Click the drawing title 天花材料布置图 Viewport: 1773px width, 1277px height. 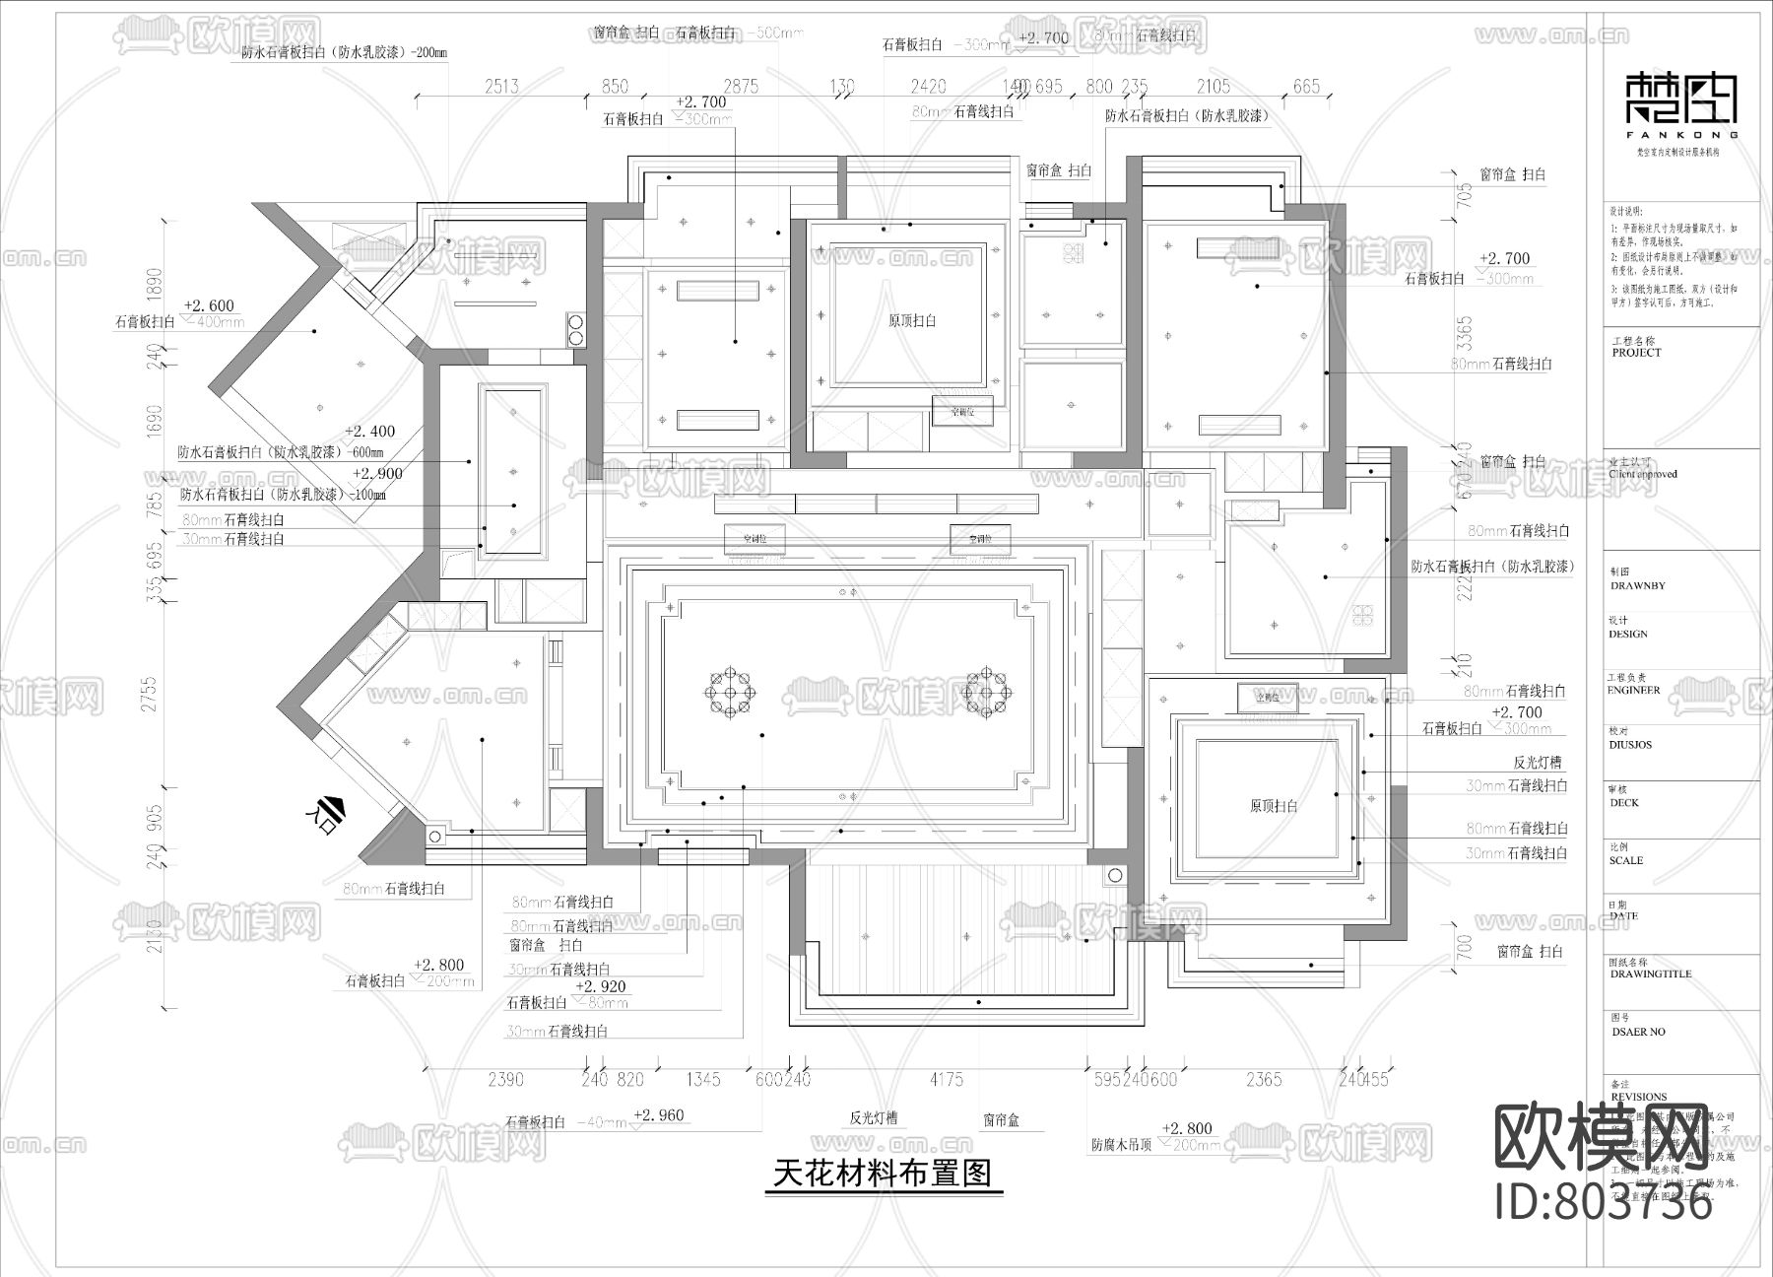(883, 1174)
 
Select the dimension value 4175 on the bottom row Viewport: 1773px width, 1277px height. (946, 1080)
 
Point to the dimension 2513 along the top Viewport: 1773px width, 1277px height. (501, 87)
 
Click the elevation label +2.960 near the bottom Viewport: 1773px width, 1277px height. (659, 1115)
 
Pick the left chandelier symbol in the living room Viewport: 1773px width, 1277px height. (730, 693)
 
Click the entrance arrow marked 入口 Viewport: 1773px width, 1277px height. (328, 810)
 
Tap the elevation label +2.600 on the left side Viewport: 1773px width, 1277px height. (209, 305)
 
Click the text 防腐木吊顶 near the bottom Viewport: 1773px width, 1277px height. (1121, 1146)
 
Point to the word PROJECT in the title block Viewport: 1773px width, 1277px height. (1636, 352)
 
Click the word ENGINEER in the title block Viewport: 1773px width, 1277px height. (1634, 690)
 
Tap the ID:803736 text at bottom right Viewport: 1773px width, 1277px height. (1604, 1203)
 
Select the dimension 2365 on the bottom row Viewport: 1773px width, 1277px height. (1264, 1080)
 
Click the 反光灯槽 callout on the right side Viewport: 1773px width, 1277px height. (1537, 763)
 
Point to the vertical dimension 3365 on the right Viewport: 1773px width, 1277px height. (1465, 333)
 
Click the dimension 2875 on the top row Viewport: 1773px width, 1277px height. (740, 87)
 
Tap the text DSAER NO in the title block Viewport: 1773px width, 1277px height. (1637, 1032)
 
